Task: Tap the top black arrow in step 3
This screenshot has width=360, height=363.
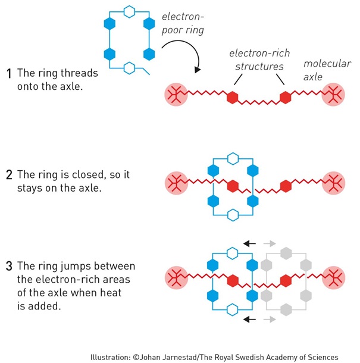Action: click(x=250, y=243)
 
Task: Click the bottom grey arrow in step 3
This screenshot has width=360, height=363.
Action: click(x=270, y=320)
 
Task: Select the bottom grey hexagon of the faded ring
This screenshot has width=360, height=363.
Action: click(x=287, y=308)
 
